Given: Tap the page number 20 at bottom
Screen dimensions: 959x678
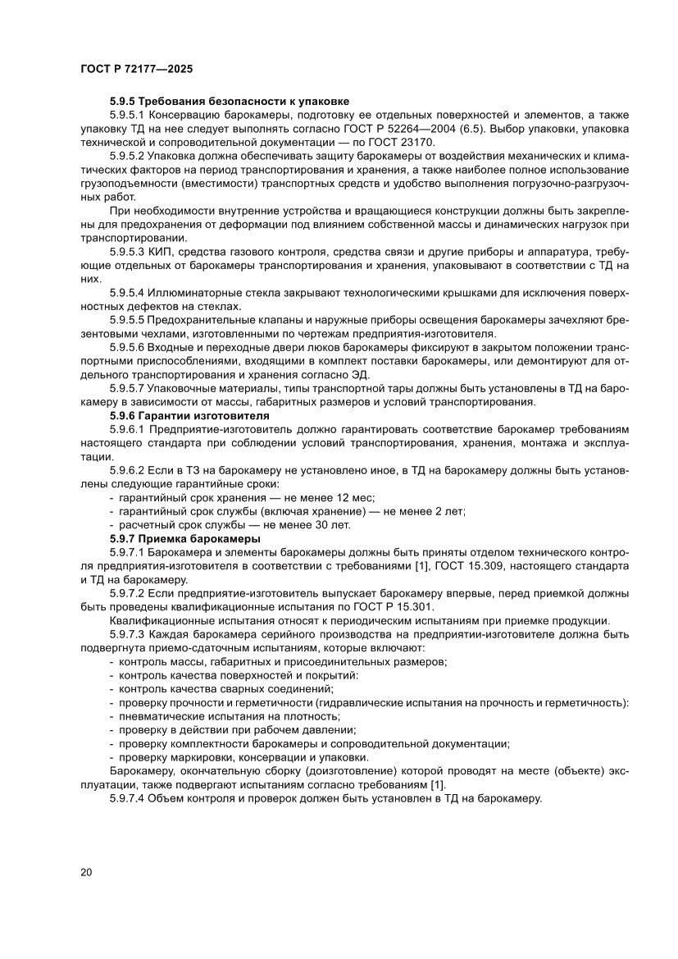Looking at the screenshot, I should coord(86,872).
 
